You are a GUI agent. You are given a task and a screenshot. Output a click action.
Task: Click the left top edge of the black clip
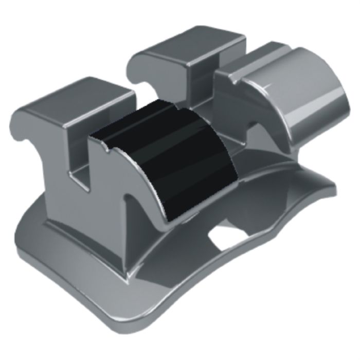pos(100,131)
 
